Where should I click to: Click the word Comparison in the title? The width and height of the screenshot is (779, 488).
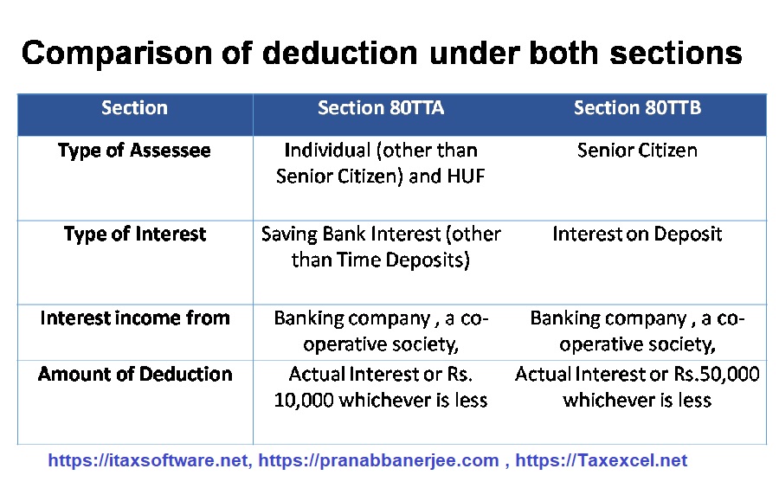(x=117, y=54)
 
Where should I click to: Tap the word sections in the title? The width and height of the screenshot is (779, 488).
(x=676, y=53)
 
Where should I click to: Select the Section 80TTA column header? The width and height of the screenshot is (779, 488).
(x=381, y=108)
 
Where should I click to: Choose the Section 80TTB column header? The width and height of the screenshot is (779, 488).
(x=637, y=108)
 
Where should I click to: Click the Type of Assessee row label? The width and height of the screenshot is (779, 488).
(x=134, y=151)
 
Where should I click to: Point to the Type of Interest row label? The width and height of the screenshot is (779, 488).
(x=135, y=234)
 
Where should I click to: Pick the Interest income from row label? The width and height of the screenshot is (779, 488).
(x=135, y=318)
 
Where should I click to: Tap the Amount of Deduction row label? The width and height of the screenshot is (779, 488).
(x=135, y=374)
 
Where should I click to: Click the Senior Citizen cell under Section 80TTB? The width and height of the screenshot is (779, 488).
(x=637, y=151)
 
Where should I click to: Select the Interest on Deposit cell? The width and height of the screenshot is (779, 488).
(x=637, y=234)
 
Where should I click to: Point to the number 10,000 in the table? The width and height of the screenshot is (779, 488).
(x=304, y=400)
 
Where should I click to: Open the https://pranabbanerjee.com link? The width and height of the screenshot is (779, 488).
(x=378, y=460)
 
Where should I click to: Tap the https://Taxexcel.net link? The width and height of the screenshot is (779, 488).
(x=602, y=460)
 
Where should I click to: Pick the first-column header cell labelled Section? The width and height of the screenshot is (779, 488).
(x=135, y=108)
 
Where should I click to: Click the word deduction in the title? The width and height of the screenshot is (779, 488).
(x=339, y=53)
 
